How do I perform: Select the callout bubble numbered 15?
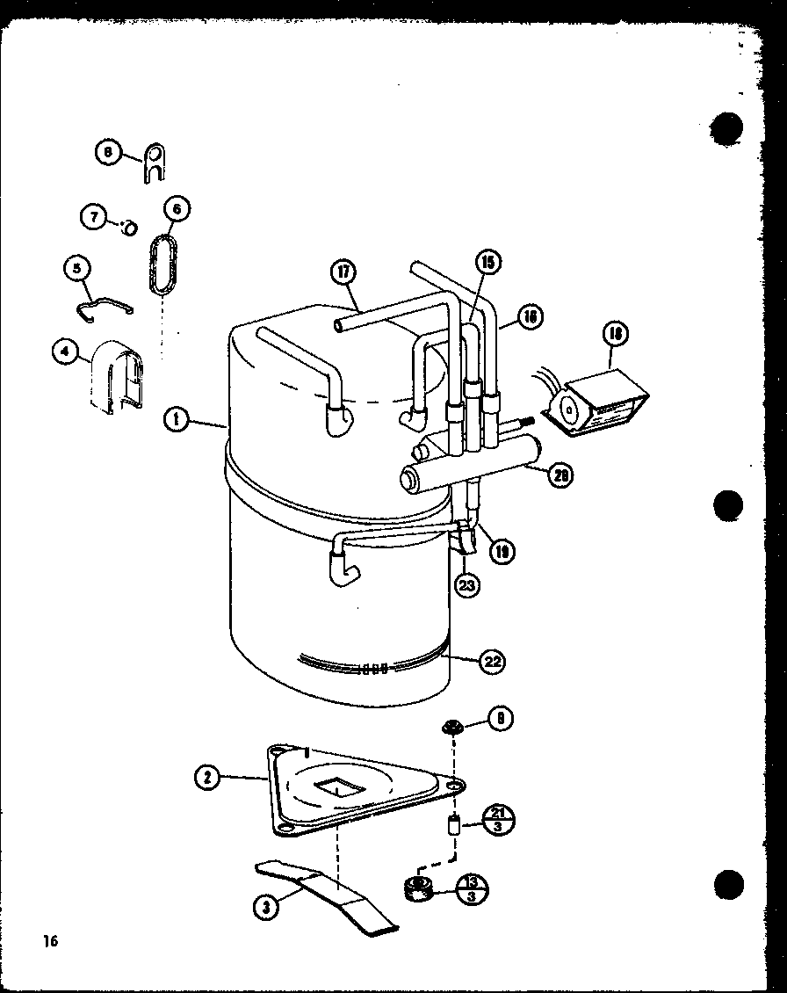[487, 261]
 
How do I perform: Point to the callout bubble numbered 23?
[467, 584]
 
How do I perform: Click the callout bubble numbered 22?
[492, 662]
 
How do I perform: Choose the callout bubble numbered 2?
[207, 777]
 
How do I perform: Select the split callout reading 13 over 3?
[473, 889]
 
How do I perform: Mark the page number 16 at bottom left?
[48, 941]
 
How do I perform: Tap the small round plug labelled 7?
[129, 228]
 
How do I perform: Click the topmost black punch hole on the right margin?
[728, 128]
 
